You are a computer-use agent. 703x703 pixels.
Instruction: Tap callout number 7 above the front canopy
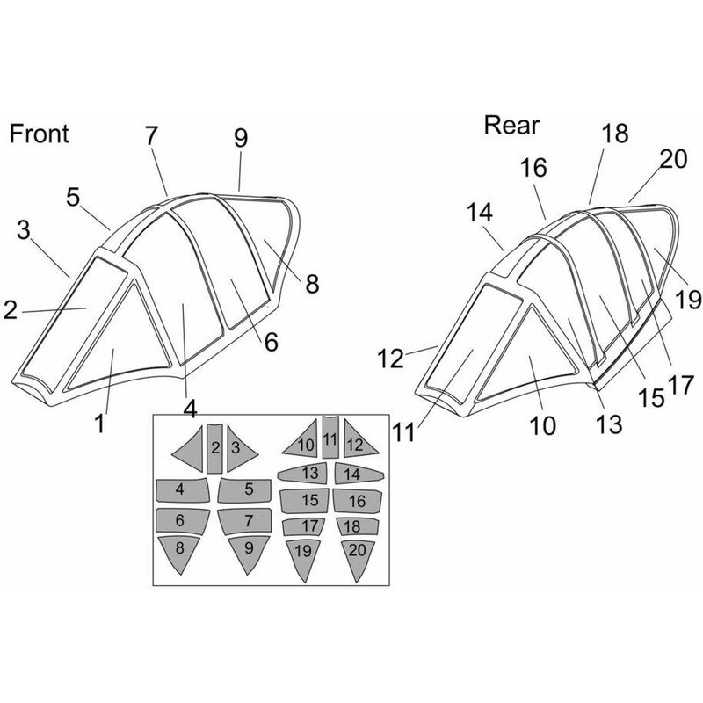click(x=152, y=137)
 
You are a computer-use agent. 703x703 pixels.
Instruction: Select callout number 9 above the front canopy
click(x=241, y=139)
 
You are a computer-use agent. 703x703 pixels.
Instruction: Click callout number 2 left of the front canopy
click(x=11, y=310)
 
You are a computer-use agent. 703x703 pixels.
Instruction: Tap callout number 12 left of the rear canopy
click(x=391, y=359)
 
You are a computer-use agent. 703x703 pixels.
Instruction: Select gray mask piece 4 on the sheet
click(x=183, y=489)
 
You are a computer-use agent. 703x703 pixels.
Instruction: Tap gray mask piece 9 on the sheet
click(x=249, y=552)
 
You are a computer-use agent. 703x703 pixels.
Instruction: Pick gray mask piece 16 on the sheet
click(x=357, y=501)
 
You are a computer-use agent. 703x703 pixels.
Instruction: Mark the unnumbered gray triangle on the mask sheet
click(x=189, y=451)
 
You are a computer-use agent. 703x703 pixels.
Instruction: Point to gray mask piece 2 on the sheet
click(x=214, y=447)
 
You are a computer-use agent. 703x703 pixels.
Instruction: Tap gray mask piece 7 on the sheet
click(x=248, y=521)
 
